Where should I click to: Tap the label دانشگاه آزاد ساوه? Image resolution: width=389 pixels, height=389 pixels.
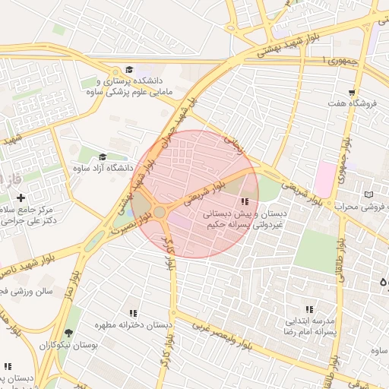point(103,168)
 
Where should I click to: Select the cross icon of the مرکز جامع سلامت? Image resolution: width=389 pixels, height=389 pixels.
point(21,198)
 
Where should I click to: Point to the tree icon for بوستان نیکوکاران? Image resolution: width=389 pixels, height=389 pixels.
point(69,333)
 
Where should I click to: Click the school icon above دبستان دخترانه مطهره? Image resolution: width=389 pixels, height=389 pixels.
point(134,313)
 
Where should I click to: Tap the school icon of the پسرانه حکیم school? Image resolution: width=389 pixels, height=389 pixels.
point(245,202)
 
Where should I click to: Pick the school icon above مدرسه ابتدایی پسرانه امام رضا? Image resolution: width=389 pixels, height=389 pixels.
point(309,309)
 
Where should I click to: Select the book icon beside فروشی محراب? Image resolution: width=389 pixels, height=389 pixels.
point(369,194)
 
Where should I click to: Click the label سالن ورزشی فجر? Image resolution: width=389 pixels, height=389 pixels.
point(27,290)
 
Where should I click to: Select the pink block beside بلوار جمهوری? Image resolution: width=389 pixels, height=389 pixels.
point(324,177)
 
